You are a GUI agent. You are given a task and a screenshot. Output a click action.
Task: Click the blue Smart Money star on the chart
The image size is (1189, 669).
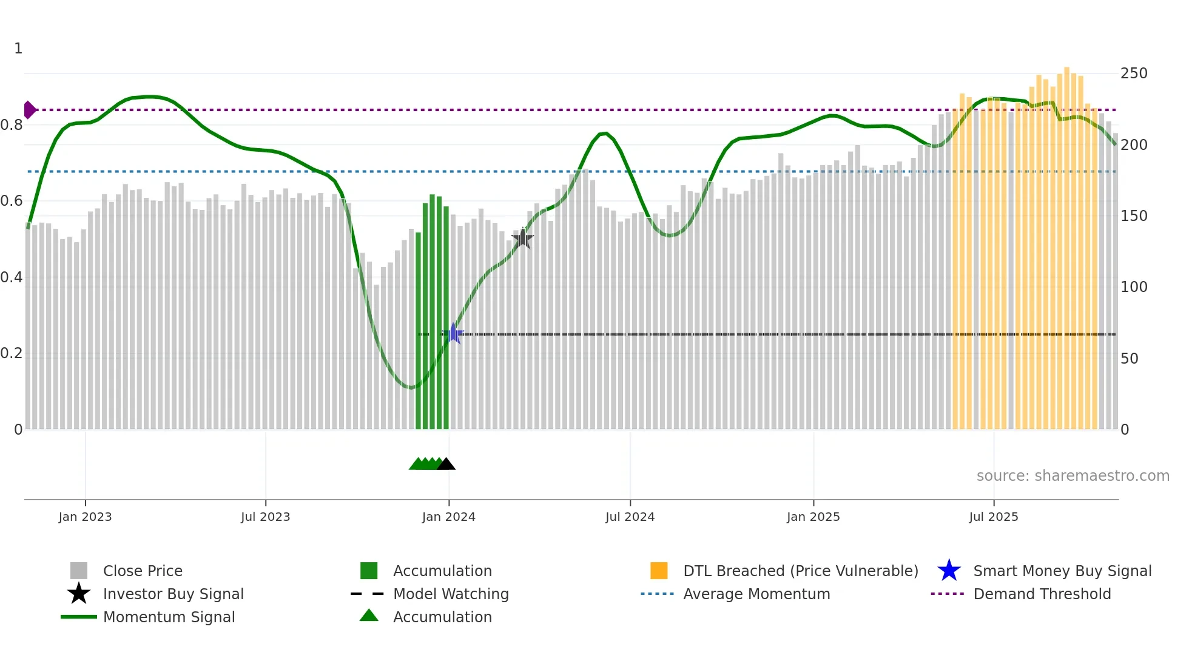click(x=453, y=334)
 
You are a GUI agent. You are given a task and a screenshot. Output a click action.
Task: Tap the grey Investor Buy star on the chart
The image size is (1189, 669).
click(x=523, y=239)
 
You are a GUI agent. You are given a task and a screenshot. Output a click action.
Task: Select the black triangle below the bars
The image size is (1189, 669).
click(x=446, y=464)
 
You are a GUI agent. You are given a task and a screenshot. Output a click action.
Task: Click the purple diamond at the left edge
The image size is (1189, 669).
click(x=29, y=110)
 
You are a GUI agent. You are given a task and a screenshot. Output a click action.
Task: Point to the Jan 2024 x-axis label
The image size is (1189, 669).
click(x=448, y=517)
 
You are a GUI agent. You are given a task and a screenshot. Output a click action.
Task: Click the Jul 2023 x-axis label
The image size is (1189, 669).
click(x=265, y=517)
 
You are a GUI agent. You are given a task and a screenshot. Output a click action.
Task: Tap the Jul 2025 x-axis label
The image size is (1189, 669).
click(x=993, y=517)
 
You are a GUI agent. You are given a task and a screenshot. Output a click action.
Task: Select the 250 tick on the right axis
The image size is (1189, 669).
click(x=1133, y=73)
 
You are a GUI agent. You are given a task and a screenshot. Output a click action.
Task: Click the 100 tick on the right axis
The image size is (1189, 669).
click(x=1133, y=287)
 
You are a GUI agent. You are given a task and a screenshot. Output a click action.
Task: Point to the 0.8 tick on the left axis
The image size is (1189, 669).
click(x=12, y=125)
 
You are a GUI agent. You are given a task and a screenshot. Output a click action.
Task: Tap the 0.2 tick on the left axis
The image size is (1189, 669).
click(x=12, y=353)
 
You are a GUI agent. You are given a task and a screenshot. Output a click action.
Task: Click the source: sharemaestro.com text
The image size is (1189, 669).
click(x=1073, y=476)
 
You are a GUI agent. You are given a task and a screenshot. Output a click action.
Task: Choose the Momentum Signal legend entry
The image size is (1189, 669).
click(x=169, y=617)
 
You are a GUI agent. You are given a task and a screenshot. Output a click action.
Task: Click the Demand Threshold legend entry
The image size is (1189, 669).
click(x=1042, y=594)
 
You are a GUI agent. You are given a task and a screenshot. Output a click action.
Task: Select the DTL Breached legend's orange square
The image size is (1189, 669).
click(x=659, y=571)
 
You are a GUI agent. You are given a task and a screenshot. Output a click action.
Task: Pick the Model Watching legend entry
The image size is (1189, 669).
click(x=450, y=594)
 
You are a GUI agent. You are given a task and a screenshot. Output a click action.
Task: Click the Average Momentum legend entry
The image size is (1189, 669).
click(x=756, y=594)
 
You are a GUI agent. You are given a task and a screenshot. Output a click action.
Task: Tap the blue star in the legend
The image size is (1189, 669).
click(x=949, y=571)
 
